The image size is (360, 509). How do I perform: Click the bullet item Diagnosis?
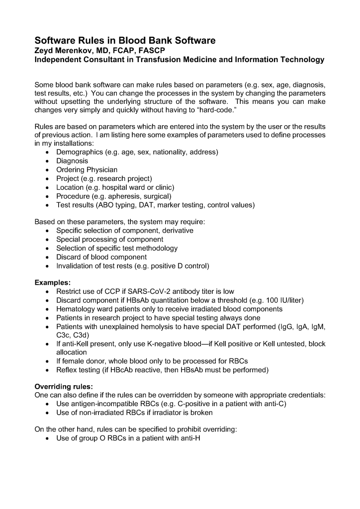pos(72,161)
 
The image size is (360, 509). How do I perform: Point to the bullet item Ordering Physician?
pos(87,170)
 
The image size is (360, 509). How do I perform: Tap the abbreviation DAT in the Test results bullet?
pos(150,205)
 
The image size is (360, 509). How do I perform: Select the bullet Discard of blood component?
pos(101,257)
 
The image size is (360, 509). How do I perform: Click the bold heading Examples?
pos(52,283)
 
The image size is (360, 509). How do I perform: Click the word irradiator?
pos(170,413)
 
